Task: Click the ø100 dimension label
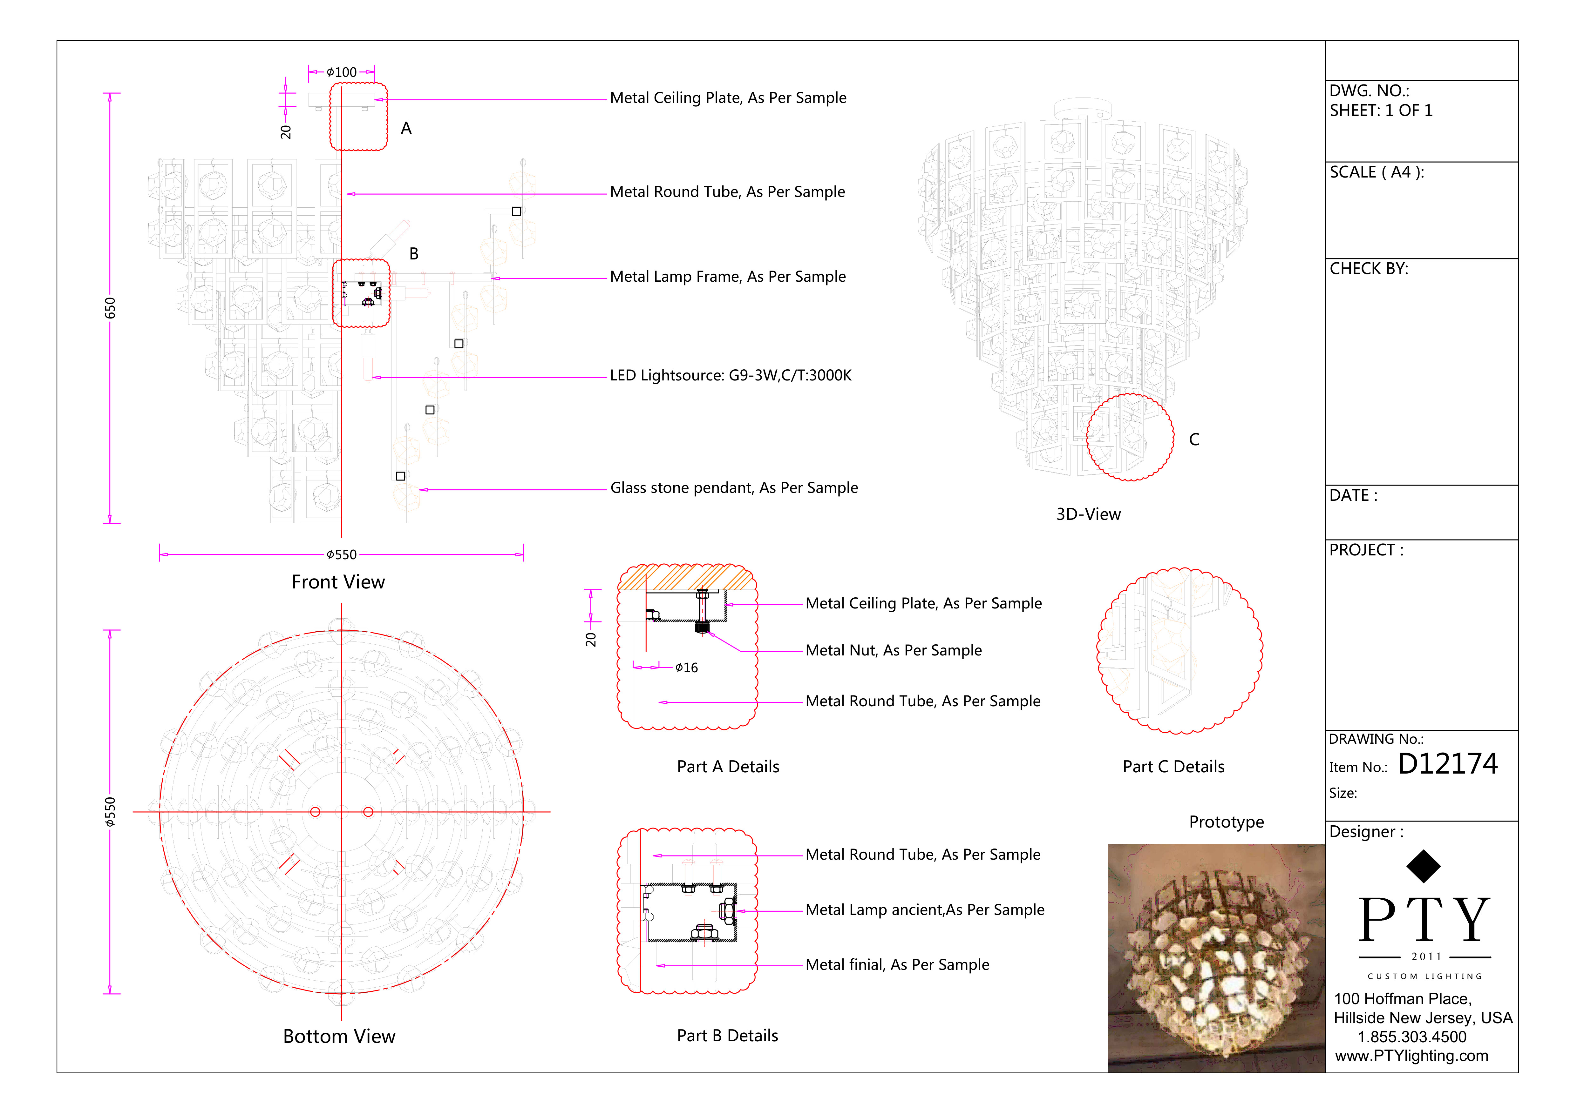point(341,72)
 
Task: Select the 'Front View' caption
point(338,582)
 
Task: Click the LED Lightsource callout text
point(731,375)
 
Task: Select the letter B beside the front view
point(413,254)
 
